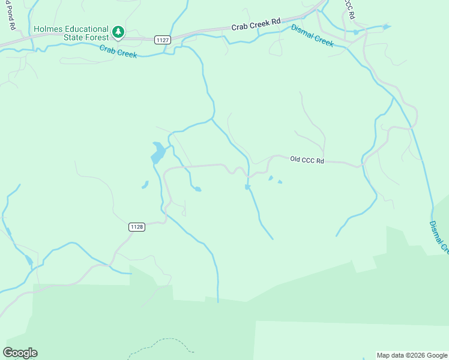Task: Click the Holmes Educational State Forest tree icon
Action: [119, 32]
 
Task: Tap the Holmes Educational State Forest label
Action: [71, 34]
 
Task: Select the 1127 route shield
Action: [161, 40]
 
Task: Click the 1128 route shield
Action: [137, 226]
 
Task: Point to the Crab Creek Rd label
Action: [256, 23]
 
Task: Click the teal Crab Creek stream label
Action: [118, 52]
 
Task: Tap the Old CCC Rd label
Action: [307, 160]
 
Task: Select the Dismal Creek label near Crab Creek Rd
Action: [312, 35]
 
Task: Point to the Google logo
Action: [20, 353]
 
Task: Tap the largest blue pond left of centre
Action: [157, 153]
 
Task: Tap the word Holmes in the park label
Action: [47, 29]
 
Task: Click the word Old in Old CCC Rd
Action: [295, 159]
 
